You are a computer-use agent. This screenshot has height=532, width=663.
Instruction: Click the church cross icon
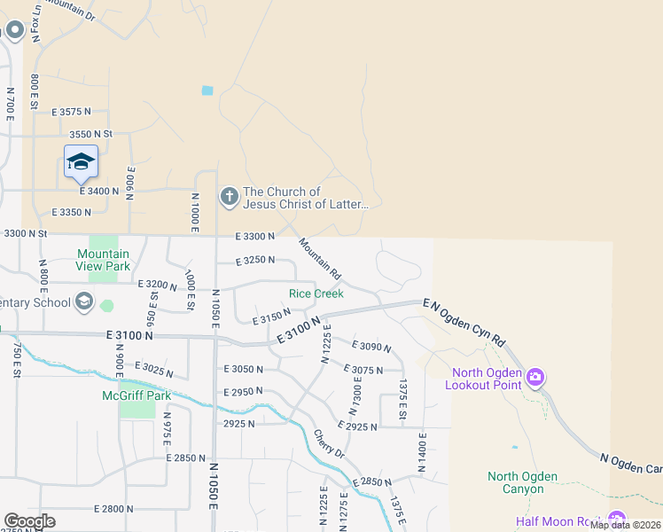229,196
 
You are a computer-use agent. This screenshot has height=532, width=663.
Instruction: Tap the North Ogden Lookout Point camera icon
534,379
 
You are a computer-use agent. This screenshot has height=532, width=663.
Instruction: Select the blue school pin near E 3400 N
81,162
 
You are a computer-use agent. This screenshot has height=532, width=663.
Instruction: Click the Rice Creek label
316,293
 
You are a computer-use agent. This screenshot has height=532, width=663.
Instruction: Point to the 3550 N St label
91,134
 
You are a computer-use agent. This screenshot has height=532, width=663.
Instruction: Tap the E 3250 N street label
255,261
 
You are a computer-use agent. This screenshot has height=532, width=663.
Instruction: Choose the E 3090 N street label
371,346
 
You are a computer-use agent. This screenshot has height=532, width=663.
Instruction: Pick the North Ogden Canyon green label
522,482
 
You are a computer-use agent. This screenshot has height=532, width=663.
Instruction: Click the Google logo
29,521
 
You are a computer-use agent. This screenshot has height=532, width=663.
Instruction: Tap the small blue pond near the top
207,90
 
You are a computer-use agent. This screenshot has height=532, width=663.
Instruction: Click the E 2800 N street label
113,509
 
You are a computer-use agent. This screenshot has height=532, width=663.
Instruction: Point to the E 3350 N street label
71,213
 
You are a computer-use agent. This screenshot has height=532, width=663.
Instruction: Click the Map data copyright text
624,525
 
